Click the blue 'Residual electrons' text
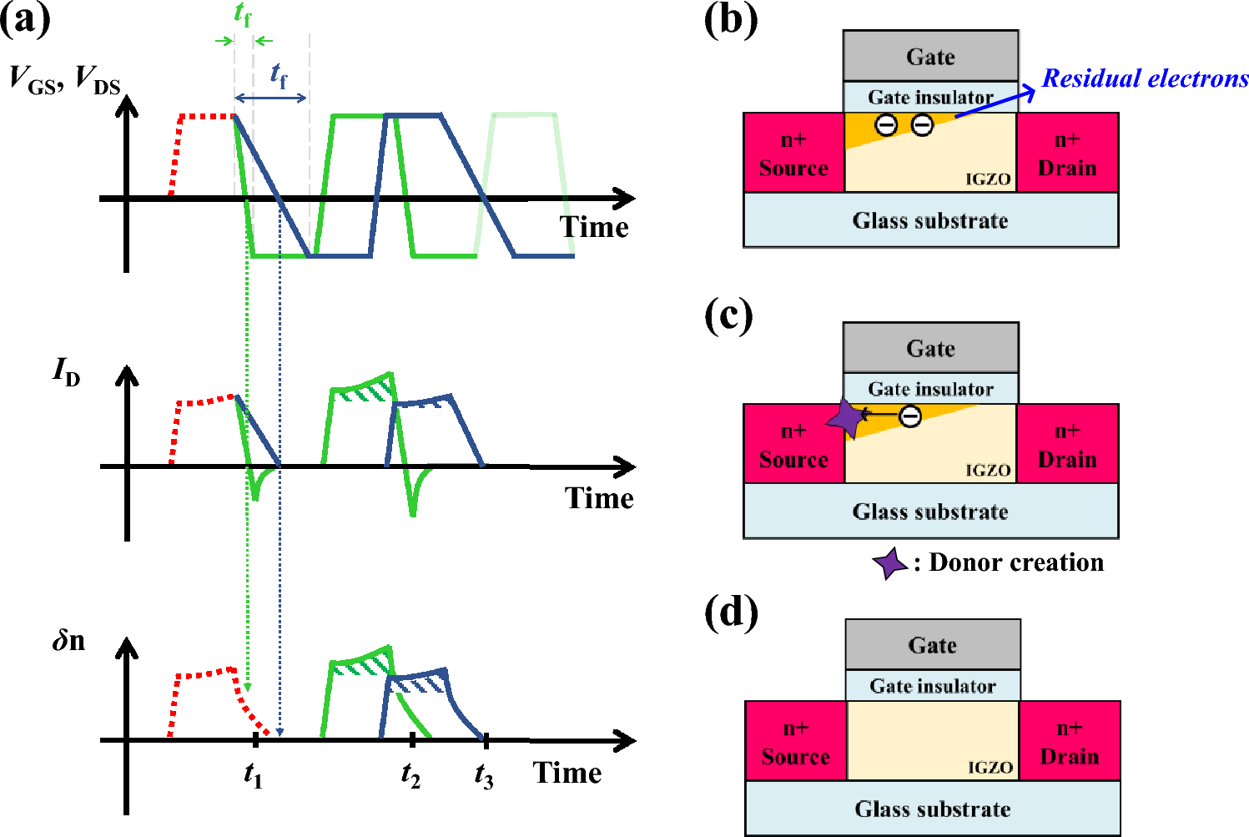tap(1145, 78)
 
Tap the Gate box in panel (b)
tap(930, 57)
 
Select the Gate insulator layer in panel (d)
tap(932, 686)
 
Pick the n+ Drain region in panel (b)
tap(1067, 154)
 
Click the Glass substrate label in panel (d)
tap(932, 809)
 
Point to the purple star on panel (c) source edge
tap(845, 418)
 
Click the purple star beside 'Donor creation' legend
tap(890, 564)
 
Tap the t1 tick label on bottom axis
tap(253, 775)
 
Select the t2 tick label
tap(410, 775)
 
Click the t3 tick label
tap(484, 776)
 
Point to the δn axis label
tap(68, 641)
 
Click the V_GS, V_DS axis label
tap(65, 80)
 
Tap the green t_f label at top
tap(243, 14)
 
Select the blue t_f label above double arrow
tap(278, 75)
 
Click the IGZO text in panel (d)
tap(990, 767)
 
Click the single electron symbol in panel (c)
tap(910, 415)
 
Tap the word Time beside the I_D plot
tap(599, 498)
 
